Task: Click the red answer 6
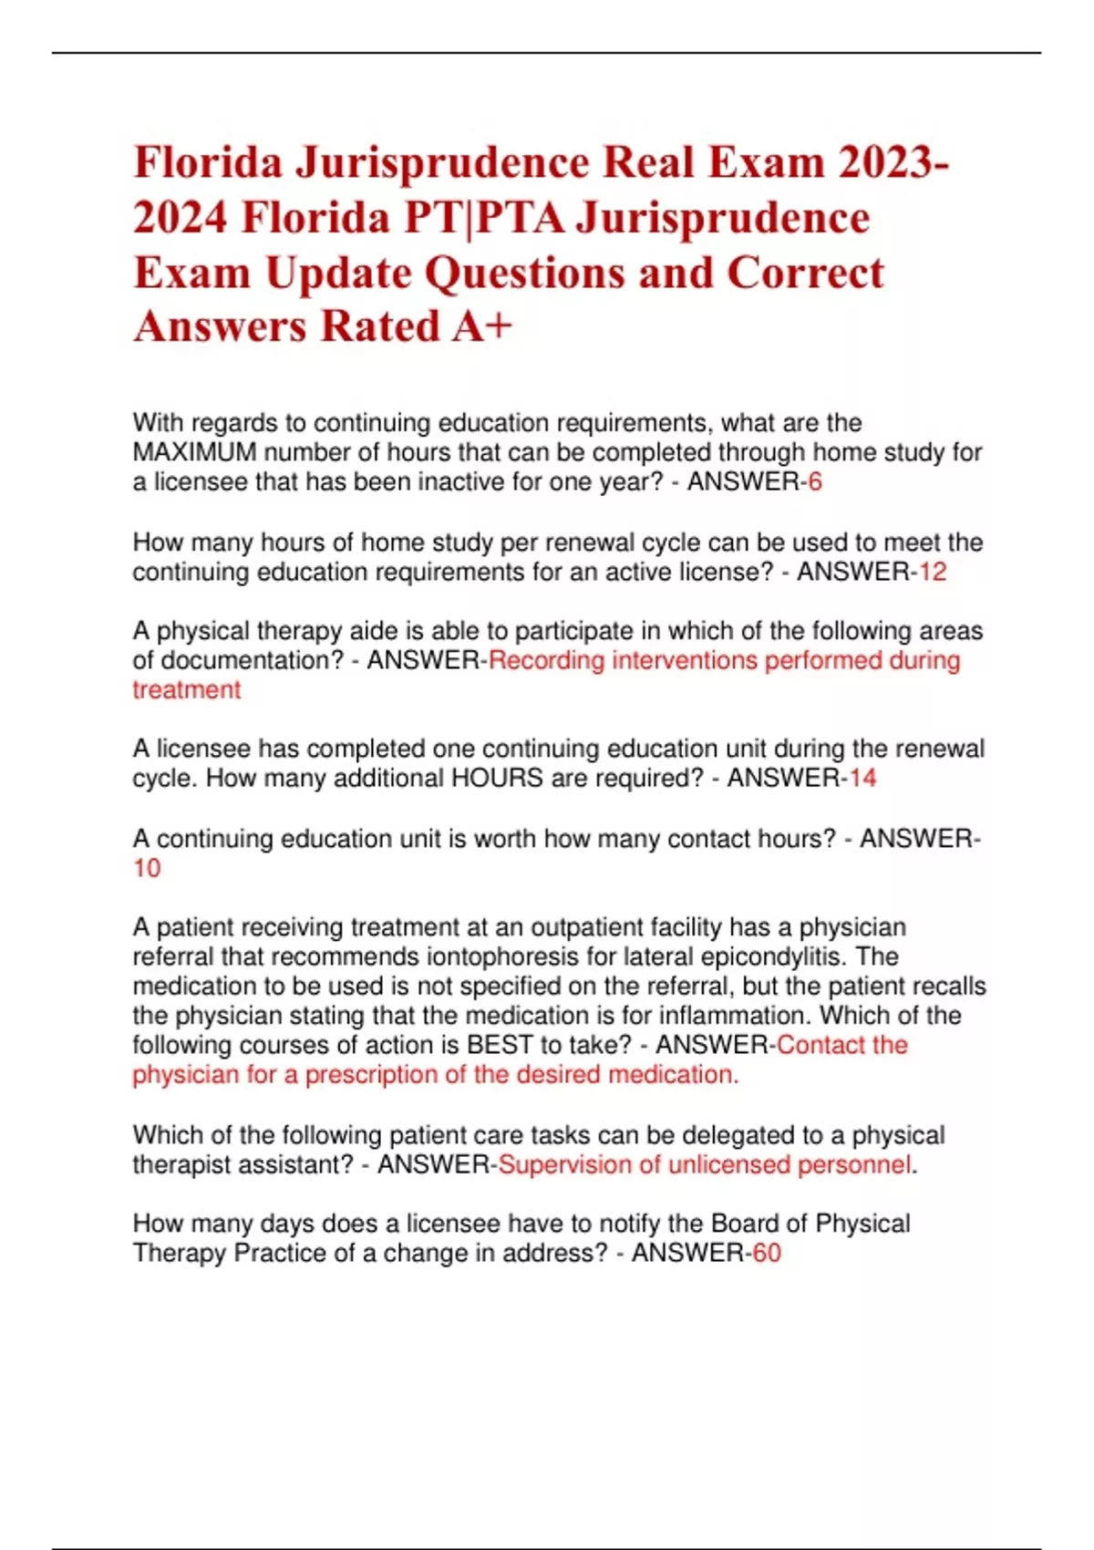point(815,481)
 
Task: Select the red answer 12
point(933,572)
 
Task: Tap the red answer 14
point(862,778)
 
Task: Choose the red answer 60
point(767,1253)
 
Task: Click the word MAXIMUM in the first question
point(194,452)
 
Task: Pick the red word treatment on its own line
point(187,689)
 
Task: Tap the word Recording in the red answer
point(546,660)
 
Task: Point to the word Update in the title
point(338,272)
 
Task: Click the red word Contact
point(820,1044)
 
